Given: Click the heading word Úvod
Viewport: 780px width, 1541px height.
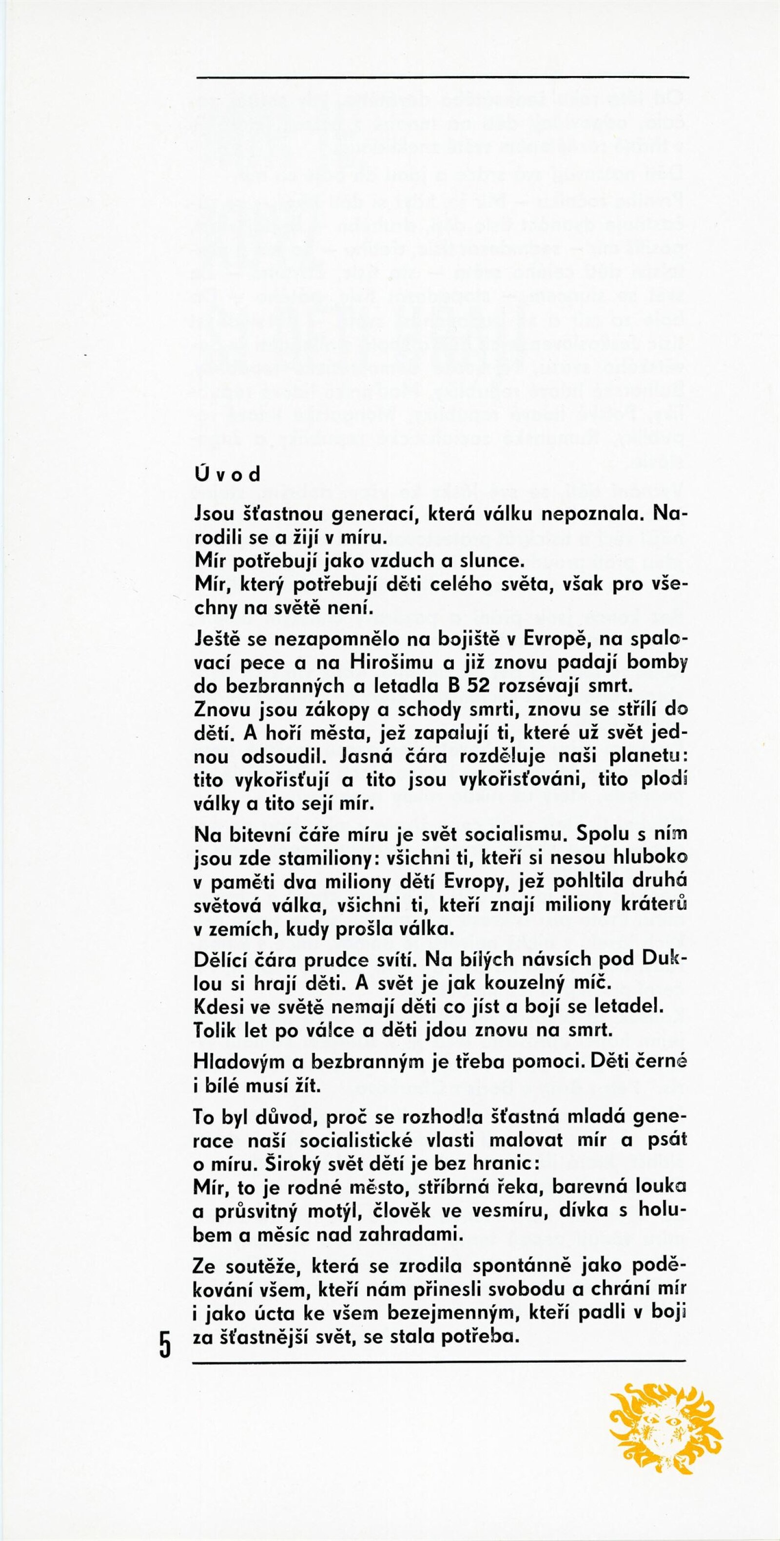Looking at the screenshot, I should (228, 475).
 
